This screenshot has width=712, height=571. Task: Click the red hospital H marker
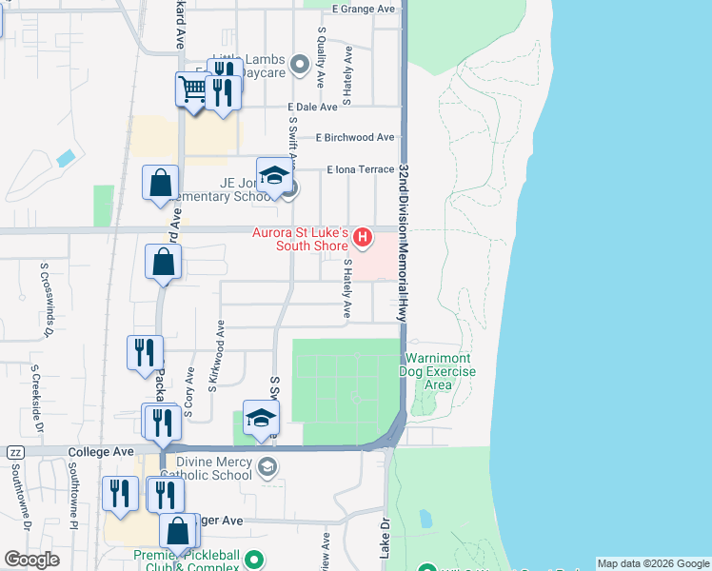point(362,236)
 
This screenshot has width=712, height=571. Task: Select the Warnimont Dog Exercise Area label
point(439,371)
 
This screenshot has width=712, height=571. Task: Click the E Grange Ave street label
point(363,9)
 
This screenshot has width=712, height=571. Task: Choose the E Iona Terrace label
point(360,169)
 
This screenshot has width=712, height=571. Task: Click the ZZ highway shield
point(15,452)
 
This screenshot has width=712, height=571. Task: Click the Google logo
point(31,559)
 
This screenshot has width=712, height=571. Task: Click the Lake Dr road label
point(386,537)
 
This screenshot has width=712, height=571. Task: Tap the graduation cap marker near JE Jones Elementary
point(274,176)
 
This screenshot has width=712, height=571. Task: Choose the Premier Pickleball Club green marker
point(252,559)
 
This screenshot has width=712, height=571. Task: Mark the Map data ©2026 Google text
point(653,563)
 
